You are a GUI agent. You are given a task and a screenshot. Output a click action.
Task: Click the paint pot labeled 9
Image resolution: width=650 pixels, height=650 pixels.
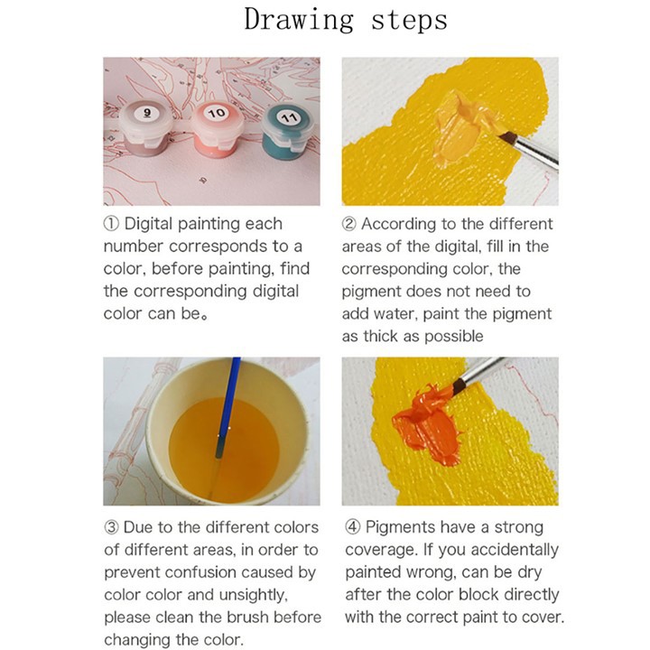[147, 127]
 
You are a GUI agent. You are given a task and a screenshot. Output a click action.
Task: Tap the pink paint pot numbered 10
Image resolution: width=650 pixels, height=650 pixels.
[218, 128]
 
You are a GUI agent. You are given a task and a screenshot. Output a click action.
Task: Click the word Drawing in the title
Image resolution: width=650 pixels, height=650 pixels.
[299, 20]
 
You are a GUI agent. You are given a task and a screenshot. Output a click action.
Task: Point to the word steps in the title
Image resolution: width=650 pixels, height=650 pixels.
[409, 21]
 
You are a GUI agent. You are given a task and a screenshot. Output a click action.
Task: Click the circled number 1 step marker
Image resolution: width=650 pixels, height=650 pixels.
[111, 224]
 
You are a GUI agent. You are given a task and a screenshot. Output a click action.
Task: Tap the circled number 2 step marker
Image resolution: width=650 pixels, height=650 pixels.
[349, 224]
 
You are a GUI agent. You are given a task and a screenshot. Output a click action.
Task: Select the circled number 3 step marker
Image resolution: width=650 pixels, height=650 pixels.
[111, 527]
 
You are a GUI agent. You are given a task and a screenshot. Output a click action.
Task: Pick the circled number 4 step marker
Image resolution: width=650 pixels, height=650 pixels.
[352, 527]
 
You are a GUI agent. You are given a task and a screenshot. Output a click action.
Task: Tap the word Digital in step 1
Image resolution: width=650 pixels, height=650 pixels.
[148, 224]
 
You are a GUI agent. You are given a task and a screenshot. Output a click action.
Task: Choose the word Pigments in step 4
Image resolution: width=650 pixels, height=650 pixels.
[401, 528]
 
